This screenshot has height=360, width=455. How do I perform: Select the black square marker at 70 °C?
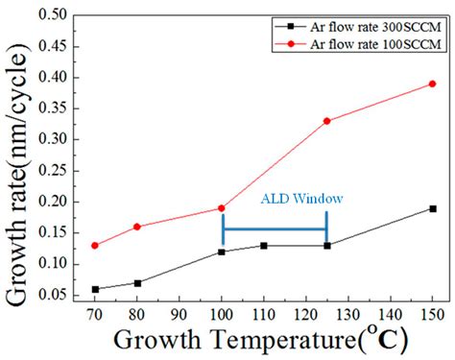coord(94,289)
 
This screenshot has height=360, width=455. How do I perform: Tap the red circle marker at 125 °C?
coord(327,121)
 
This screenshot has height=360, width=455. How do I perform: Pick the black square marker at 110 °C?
coord(264,246)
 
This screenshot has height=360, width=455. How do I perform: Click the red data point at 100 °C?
coord(222,207)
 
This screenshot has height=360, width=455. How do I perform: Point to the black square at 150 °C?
coord(432,208)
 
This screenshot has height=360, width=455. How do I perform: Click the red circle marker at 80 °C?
coord(136,227)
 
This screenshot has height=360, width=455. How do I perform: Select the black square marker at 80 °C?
coord(136,283)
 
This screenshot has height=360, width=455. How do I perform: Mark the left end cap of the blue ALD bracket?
coord(223,229)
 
